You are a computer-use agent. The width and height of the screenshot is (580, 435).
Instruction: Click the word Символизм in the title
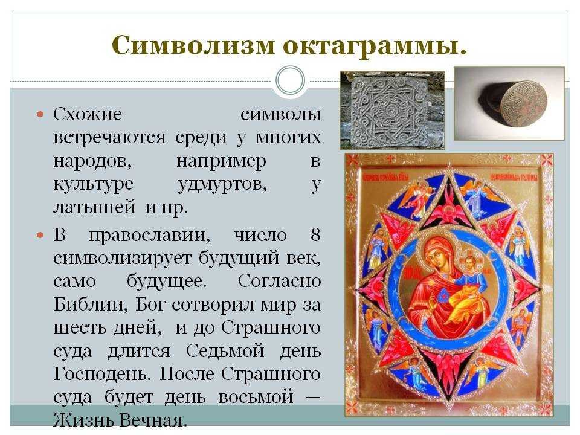pyautogui.click(x=193, y=45)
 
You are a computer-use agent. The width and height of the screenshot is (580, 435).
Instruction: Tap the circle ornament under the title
pyautogui.click(x=291, y=80)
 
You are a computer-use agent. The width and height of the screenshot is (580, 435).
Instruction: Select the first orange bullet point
pyautogui.click(x=40, y=114)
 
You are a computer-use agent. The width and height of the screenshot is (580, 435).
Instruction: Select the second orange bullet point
pyautogui.click(x=40, y=235)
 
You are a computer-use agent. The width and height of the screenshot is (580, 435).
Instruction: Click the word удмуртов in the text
pyautogui.click(x=222, y=184)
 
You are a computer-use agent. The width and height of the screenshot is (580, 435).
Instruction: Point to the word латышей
pyautogui.click(x=94, y=207)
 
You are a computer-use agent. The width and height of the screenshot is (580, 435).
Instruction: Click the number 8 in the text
pyautogui.click(x=315, y=234)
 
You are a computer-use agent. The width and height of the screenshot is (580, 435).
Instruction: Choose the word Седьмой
pyautogui.click(x=225, y=350)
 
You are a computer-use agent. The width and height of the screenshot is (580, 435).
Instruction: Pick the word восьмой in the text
pyautogui.click(x=256, y=397)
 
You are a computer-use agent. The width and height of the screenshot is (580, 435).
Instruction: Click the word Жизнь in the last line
pyautogui.click(x=85, y=420)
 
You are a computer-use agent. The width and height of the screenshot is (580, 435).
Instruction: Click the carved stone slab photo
pyautogui.click(x=392, y=110)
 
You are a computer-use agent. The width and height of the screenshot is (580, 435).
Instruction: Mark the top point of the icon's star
pyautogui.click(x=449, y=175)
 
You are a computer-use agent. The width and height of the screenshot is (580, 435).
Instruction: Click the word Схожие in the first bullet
pyautogui.click(x=88, y=114)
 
